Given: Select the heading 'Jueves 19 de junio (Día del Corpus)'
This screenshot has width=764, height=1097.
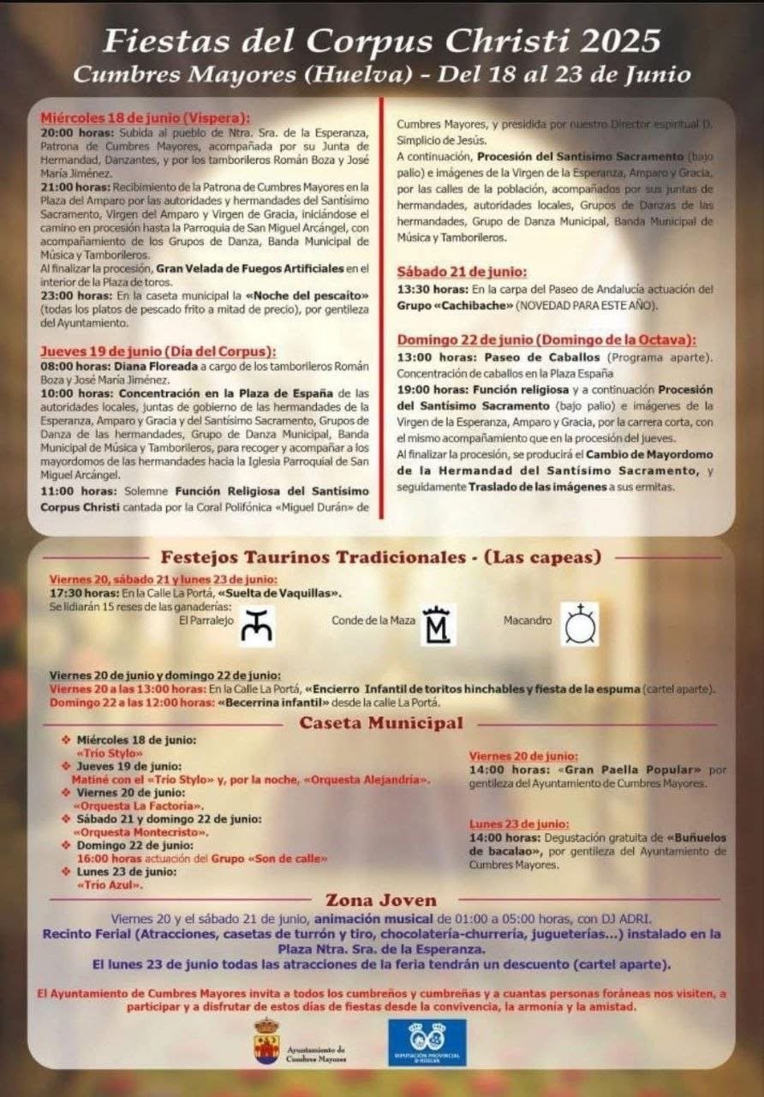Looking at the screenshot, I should tap(158, 351).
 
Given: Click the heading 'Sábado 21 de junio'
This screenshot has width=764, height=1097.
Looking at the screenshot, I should tap(462, 272).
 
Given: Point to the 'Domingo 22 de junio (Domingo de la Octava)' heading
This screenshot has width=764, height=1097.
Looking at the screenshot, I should tap(546, 339).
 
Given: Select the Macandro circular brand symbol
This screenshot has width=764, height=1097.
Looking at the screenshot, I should tap(580, 624).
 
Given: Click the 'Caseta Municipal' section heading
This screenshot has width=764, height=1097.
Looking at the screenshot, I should tap(380, 722).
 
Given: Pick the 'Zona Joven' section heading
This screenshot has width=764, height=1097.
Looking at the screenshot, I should tap(381, 900).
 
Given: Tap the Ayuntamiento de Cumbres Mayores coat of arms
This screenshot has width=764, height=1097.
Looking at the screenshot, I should tap(266, 1041).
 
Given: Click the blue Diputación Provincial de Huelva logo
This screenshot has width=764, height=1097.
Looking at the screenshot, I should tap(427, 1041).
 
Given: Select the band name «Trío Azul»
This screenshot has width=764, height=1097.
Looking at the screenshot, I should tap(104, 884).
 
